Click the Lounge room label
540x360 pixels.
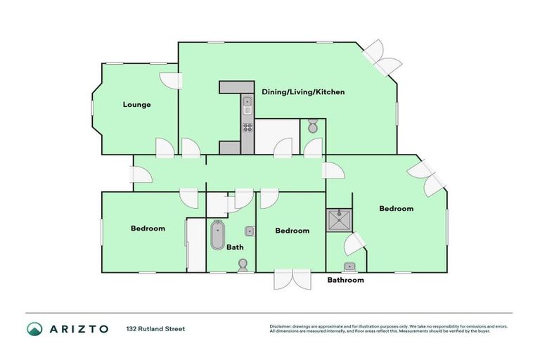tap(136, 105)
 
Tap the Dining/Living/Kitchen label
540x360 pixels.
tap(303, 92)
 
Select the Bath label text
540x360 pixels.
tap(235, 247)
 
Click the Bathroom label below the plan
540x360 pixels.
tap(346, 280)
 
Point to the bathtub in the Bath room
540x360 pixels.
tap(217, 236)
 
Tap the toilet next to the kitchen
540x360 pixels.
tap(313, 127)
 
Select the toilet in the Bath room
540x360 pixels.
tap(243, 265)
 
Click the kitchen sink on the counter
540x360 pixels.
tap(247, 106)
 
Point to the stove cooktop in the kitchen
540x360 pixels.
tap(247, 127)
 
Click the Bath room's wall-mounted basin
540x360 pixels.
tap(250, 231)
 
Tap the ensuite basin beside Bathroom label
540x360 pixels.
tap(349, 266)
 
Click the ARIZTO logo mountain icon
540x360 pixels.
tap(35, 328)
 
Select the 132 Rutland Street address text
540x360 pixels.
tap(155, 328)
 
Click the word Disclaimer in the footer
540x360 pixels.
tap(281, 327)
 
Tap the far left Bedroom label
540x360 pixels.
tap(148, 229)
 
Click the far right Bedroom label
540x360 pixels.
tap(396, 208)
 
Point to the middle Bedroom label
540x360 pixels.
tap(292, 231)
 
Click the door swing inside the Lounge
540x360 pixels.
tap(169, 79)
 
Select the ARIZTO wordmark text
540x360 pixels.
tap(79, 328)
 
